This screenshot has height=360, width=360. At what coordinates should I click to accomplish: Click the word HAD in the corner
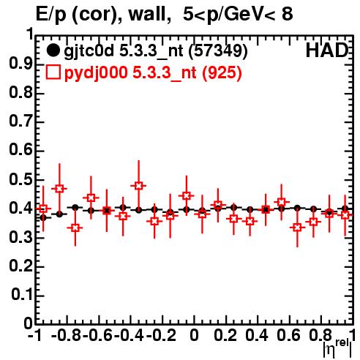tap(327, 50)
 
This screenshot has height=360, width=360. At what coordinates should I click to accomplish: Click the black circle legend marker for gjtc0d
tap(53, 50)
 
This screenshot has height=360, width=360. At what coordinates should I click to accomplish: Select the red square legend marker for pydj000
tap(53, 72)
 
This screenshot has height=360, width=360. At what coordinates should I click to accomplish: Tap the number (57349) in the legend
tap(218, 51)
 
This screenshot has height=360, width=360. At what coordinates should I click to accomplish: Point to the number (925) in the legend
tap(222, 72)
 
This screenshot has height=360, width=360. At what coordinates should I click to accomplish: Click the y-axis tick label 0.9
tap(21, 64)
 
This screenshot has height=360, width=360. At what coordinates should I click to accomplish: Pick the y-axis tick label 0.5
tap(21, 180)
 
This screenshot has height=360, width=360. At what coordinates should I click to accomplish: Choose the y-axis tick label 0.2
tap(21, 266)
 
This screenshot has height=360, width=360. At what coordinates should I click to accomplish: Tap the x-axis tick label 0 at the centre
tap(194, 335)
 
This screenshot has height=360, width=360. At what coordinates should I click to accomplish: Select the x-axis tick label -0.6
tap(97, 335)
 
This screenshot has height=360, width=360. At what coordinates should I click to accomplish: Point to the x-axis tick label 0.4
tap(257, 335)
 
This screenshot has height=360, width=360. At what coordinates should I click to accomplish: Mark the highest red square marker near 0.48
tap(138, 186)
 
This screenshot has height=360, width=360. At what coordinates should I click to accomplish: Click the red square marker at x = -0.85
tap(59, 189)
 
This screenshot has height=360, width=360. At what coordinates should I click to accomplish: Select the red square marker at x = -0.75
tap(75, 228)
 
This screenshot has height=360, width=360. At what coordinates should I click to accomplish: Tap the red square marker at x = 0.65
tap(297, 228)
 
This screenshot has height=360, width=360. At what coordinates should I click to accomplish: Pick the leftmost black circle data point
tap(43, 218)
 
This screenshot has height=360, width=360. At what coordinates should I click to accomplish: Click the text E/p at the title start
tap(51, 15)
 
